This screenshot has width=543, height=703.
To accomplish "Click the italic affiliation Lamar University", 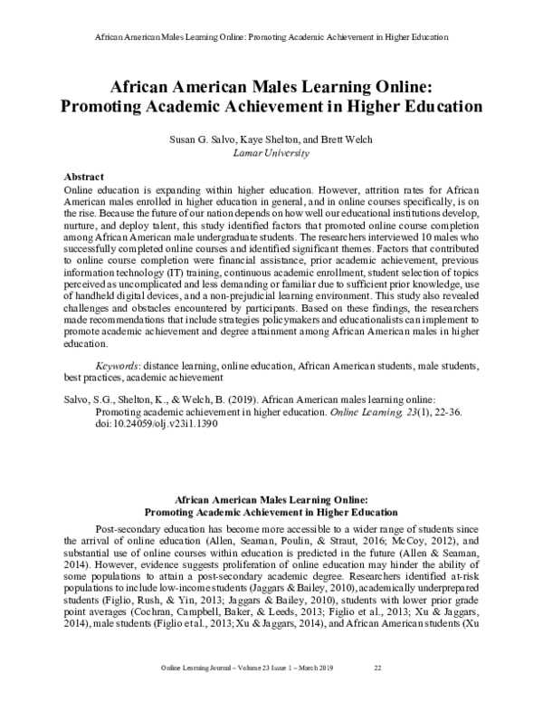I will (x=271, y=155).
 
